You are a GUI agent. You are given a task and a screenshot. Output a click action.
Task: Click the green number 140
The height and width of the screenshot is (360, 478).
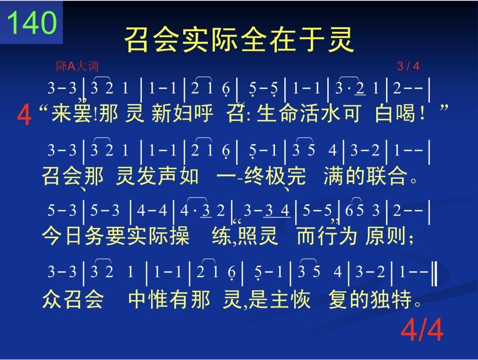coord(32,22)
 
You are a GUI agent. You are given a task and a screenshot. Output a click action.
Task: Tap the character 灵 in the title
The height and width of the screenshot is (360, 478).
coord(341,40)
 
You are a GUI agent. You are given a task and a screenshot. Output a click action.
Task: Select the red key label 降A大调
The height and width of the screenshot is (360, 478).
coord(77,66)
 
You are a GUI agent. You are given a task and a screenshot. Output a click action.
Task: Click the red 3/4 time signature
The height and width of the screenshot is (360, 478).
coord(408,66)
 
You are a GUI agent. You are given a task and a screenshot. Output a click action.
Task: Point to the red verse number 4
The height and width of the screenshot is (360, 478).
coord(24,114)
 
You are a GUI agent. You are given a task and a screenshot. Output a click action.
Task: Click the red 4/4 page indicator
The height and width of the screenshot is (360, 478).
coord(422,330)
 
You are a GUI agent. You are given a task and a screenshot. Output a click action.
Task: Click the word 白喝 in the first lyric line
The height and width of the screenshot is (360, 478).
coord(395,113)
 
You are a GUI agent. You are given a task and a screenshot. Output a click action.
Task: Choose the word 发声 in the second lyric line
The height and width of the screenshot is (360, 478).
coord(157,176)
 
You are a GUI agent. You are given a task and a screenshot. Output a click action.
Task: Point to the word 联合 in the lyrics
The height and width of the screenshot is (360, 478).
coord(387,176)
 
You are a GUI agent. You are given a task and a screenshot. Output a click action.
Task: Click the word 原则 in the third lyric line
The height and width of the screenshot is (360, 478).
coord(386,236)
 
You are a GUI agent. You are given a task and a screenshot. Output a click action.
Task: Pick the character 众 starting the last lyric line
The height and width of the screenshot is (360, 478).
coord(52,299)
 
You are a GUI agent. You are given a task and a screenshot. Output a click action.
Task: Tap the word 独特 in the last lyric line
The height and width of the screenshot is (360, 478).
coord(391,299)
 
